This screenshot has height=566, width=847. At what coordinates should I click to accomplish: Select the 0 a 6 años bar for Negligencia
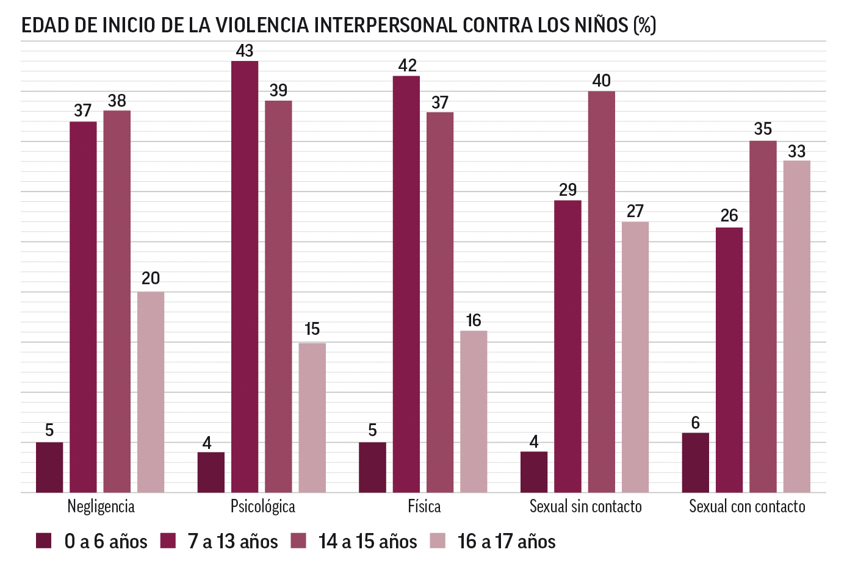pos(49,467)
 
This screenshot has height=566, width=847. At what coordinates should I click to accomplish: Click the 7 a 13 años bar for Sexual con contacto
pos(729,360)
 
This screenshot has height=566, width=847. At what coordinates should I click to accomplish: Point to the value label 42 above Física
pos(407,65)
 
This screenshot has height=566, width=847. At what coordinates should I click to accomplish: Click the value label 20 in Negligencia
pos(151,279)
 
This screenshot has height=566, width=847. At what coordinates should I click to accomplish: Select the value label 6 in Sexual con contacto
pos(695,423)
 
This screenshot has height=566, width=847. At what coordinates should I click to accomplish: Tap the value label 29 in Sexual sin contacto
pos(568,190)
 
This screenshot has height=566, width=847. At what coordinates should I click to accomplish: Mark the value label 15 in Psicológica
pos(312,329)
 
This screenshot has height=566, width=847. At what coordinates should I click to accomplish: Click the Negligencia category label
pos(101,506)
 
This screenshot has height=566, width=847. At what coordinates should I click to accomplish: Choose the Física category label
pos(424,506)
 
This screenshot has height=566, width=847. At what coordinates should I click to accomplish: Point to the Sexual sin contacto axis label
pos(585,506)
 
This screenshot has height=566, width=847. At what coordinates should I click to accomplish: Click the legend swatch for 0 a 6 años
pos(44,541)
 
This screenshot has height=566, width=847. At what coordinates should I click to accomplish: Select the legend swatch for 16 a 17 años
pos(438,541)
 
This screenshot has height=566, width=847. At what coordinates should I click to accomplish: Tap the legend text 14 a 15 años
pos(367,542)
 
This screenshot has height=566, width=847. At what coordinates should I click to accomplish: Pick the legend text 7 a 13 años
pos(232,542)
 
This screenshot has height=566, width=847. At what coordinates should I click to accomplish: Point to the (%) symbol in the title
pos(645,25)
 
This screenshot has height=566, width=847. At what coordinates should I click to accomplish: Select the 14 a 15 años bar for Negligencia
pos(117,301)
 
